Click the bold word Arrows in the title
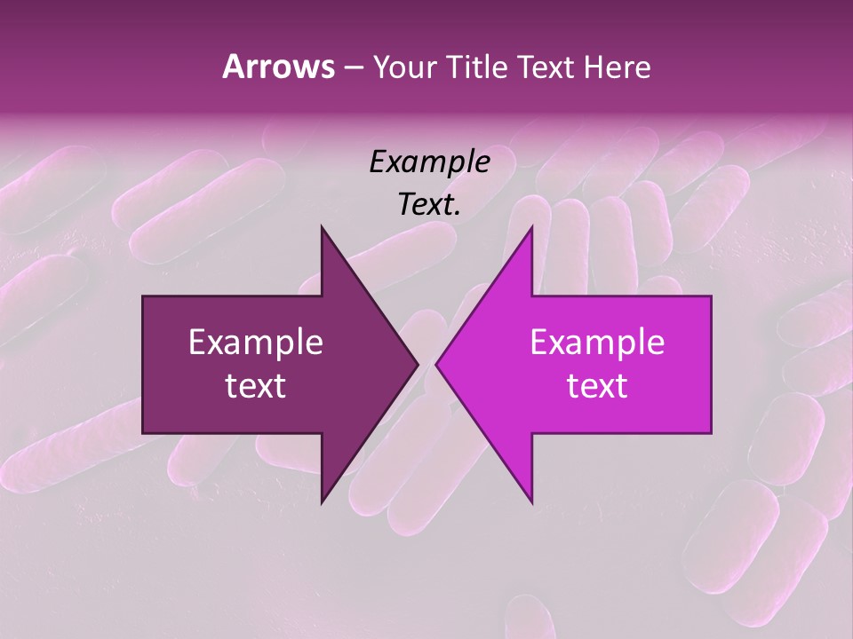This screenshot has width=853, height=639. click(x=279, y=67)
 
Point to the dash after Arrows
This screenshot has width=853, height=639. click(x=353, y=68)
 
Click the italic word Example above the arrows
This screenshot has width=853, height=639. click(x=429, y=162)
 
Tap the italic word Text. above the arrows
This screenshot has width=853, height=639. click(x=429, y=205)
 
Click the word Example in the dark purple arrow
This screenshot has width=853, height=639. click(x=256, y=343)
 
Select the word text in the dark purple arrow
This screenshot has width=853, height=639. click(x=256, y=386)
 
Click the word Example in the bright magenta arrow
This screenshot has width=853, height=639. click(x=597, y=343)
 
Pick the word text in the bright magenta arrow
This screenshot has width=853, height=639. click(x=597, y=386)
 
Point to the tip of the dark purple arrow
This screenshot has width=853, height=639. click(x=418, y=365)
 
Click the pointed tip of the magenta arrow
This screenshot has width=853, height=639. click(x=436, y=365)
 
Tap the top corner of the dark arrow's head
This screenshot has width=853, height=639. click(x=322, y=227)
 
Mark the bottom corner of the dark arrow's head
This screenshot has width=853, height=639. click(x=322, y=502)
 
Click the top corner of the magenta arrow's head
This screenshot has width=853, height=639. click(x=532, y=227)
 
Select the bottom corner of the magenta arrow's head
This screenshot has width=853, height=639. click(x=532, y=502)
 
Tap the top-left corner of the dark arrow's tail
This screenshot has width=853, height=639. click(x=143, y=296)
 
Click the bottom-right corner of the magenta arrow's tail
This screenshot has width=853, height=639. click(x=711, y=433)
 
